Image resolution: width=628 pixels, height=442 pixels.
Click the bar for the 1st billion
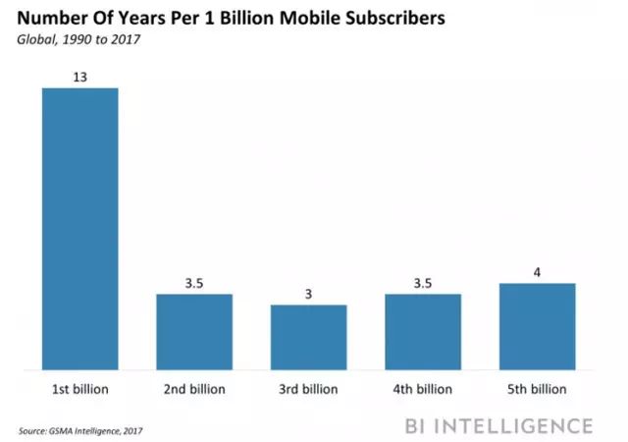click(x=79, y=229)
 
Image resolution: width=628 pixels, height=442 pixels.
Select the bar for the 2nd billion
click(x=194, y=331)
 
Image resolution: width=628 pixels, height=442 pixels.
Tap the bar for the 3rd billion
click(x=308, y=337)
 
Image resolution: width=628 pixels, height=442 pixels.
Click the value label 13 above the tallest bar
click(x=79, y=76)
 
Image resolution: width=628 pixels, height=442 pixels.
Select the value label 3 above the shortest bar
click(x=308, y=293)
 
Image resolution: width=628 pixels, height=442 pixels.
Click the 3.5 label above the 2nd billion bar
click(x=194, y=282)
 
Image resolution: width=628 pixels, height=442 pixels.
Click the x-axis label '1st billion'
click(x=79, y=390)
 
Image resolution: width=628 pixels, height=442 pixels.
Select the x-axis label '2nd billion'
click(x=194, y=390)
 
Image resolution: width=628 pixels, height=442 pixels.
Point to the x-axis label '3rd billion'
click(x=308, y=390)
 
